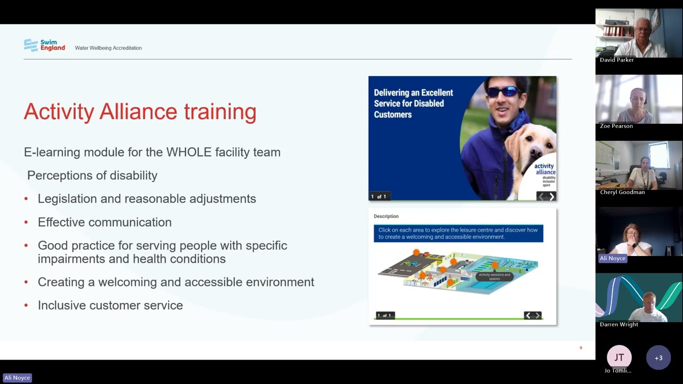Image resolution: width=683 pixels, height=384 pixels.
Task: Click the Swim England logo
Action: [44, 45]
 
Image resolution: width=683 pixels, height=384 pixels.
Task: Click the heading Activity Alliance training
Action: [140, 111]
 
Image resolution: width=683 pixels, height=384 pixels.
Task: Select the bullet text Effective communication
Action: [105, 222]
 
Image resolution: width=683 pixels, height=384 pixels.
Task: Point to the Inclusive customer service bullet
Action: [110, 306]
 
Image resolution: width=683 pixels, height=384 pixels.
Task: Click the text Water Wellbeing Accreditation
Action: [108, 48]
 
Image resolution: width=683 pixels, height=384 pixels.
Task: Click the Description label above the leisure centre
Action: [386, 217]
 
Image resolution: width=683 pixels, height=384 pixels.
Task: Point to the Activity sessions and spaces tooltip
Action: [494, 276]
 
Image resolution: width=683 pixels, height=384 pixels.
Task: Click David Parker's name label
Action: [616, 60]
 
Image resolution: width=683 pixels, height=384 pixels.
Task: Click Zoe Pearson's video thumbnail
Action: [638, 99]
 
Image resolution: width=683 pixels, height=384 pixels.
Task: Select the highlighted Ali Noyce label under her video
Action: [612, 258]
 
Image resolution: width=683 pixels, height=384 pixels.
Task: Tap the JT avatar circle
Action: [619, 357]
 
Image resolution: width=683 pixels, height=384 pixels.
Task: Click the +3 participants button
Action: [658, 358]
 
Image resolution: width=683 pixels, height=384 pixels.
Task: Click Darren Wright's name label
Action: [618, 324]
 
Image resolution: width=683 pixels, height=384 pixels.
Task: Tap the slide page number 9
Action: [581, 348]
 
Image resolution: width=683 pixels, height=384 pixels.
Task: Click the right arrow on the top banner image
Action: [552, 196]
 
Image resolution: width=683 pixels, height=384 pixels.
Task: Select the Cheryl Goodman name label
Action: [622, 192]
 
